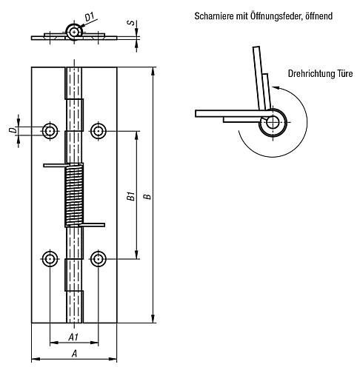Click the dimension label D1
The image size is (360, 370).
[90, 17]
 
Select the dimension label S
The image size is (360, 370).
[131, 23]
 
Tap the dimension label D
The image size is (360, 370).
[16, 130]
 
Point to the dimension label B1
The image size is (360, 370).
[132, 195]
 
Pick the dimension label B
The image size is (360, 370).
[147, 196]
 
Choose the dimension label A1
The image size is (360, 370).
[73, 337]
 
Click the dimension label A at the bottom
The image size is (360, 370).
[74, 354]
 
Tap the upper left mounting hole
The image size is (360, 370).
[50, 131]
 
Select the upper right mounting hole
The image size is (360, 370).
[99, 131]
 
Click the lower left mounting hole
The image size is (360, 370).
[50, 259]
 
